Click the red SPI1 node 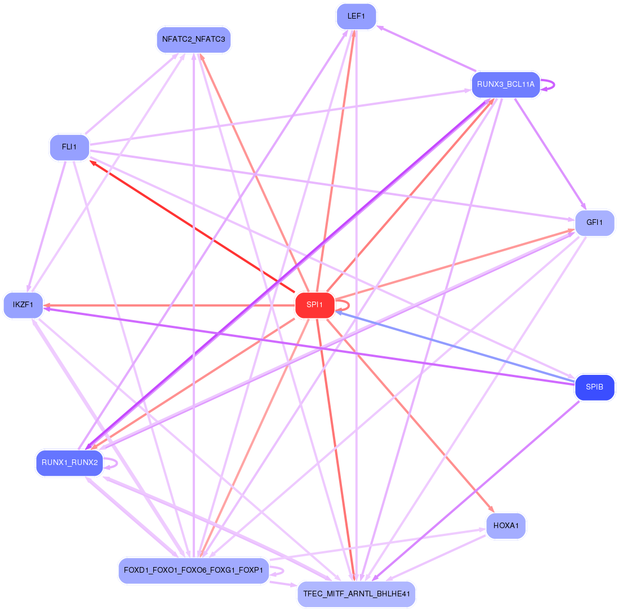314,305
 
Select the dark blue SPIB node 594,387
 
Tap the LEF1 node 355,16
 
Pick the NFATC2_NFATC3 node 193,39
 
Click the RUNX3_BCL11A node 505,85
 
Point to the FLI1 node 69,147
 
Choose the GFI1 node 594,223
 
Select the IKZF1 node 23,305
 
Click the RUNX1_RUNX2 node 70,463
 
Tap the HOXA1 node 506,526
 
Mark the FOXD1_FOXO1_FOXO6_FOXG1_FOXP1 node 193,570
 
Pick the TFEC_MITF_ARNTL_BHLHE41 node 356,594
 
